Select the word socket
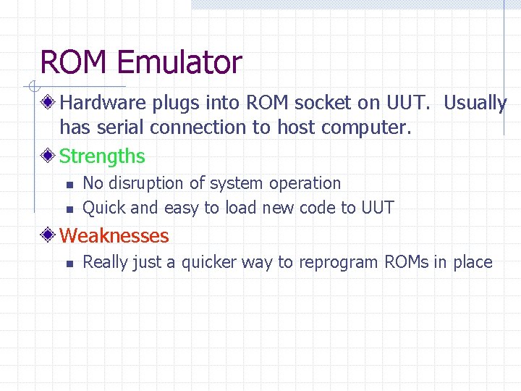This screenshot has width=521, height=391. (323, 104)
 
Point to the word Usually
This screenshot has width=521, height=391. (475, 104)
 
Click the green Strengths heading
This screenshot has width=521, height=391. (102, 156)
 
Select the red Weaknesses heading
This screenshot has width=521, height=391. (114, 235)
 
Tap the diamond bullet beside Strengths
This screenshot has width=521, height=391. (48, 156)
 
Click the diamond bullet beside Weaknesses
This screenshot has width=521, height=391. (48, 235)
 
